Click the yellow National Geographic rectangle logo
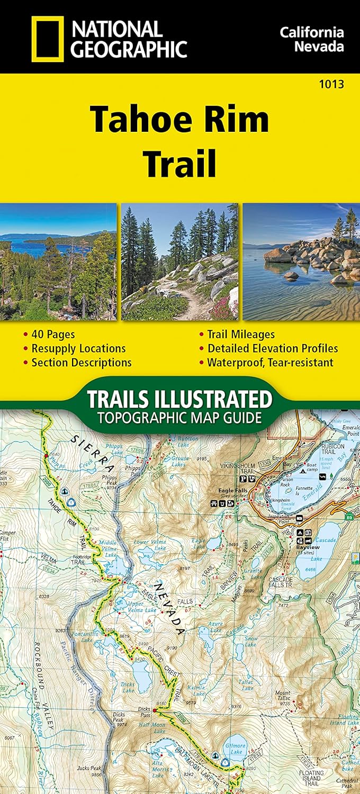point(48,39)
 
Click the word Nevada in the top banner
point(319,46)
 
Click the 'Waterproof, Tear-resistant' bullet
point(270,363)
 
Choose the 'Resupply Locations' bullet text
point(78,349)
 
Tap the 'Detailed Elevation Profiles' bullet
point(273,349)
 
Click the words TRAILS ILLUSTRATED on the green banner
point(179,399)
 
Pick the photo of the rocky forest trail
point(180,262)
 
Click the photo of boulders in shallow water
point(301,262)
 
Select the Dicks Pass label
point(145,709)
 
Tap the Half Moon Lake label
point(154,727)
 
